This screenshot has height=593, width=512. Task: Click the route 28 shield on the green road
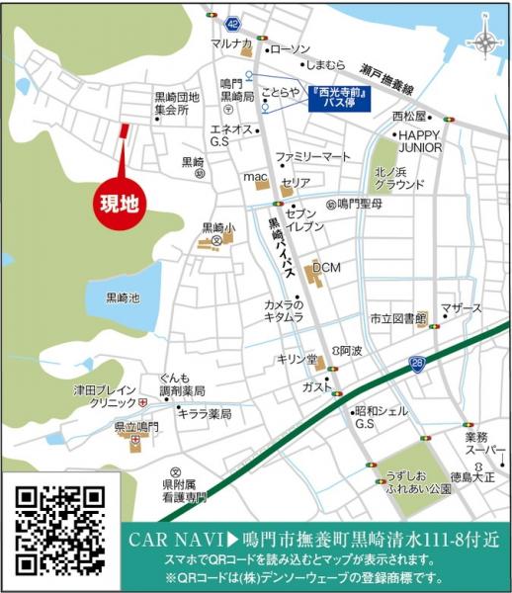[x=416, y=365]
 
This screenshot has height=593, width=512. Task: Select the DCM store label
[x=326, y=268]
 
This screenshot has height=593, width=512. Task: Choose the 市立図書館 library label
[x=397, y=318]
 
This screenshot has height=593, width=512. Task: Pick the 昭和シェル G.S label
[x=376, y=416]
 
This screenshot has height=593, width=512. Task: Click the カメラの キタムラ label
[x=283, y=311]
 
